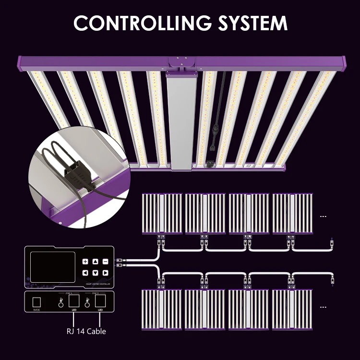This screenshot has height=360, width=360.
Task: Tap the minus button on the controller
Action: [x=105, y=262]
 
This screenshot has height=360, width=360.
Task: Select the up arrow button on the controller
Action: [x=95, y=262]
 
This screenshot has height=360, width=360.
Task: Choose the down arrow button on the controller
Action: [x=95, y=273]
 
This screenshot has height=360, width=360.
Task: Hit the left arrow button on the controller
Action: [x=85, y=273]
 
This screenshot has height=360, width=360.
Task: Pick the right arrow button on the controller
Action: [x=105, y=273]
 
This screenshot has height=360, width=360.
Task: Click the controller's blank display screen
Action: [x=53, y=267]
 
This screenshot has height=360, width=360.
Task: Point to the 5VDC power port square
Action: [x=36, y=302]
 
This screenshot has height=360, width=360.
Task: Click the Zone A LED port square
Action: [x=74, y=301]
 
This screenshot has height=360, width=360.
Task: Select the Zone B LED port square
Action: [x=101, y=301]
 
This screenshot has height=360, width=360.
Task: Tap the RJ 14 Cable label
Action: [x=86, y=331]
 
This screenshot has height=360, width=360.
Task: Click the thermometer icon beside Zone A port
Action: [x=61, y=302]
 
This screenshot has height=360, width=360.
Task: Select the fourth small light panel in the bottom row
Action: [x=292, y=310]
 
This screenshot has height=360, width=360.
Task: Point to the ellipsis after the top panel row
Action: [x=323, y=216]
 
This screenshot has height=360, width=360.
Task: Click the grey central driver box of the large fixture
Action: [x=181, y=122]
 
